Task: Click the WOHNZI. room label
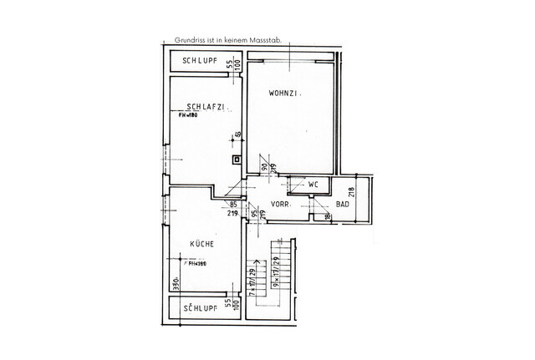[284, 94]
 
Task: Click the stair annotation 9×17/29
[275, 273]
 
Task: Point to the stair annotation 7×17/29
[252, 275]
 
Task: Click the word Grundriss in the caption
[191, 39]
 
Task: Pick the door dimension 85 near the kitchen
[234, 205]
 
